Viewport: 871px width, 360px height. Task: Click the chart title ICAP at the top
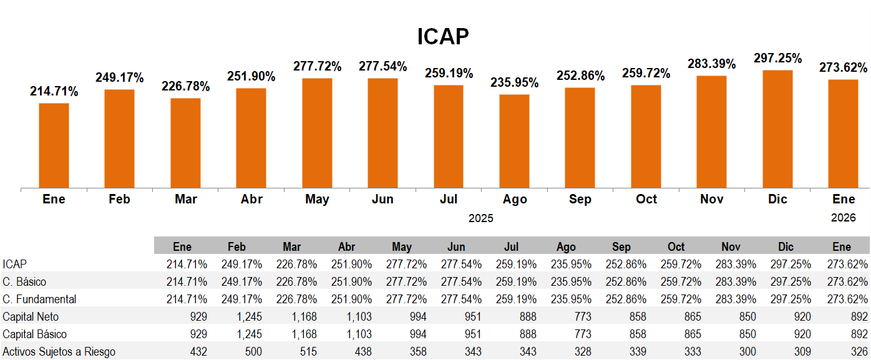(x=443, y=37)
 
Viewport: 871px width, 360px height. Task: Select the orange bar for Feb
(x=119, y=138)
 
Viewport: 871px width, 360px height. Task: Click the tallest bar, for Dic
(x=777, y=129)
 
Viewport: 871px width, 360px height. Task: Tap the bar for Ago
(x=514, y=140)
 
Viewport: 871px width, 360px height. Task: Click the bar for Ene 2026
(x=843, y=133)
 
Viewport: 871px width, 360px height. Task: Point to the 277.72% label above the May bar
(x=318, y=66)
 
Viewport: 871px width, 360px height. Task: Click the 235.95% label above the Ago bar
(x=515, y=82)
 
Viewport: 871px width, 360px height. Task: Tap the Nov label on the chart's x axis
(x=712, y=199)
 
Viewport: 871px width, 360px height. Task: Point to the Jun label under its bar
(x=382, y=199)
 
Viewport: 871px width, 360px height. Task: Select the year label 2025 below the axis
(x=480, y=218)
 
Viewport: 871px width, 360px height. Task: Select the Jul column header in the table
(x=511, y=246)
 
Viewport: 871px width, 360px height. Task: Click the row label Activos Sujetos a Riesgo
(x=59, y=352)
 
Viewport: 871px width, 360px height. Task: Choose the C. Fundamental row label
(x=40, y=299)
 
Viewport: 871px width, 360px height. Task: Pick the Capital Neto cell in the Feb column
(x=250, y=317)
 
